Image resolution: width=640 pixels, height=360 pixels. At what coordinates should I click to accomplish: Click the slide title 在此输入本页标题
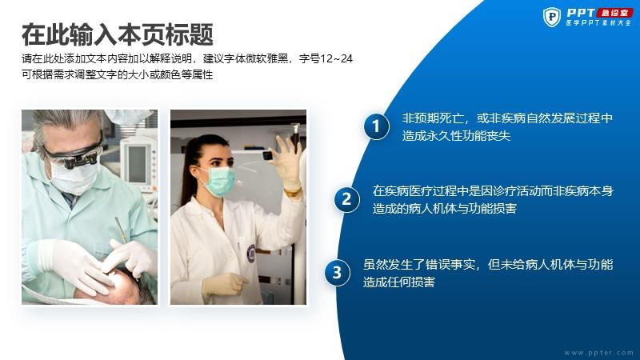click(x=118, y=34)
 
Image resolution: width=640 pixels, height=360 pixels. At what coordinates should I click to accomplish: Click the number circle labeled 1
click(x=376, y=126)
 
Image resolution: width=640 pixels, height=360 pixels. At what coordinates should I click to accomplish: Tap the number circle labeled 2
click(x=346, y=199)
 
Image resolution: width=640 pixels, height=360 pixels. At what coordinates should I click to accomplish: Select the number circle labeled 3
click(x=337, y=272)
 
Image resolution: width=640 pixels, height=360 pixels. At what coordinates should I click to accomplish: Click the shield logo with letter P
click(x=552, y=17)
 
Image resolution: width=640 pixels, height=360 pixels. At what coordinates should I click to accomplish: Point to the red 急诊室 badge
click(x=614, y=13)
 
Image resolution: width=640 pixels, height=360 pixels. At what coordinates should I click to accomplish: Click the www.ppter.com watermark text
click(x=598, y=353)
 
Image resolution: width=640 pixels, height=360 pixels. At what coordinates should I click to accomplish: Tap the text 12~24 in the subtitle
click(x=337, y=58)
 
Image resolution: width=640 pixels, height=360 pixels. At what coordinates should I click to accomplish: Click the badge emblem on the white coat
click(x=250, y=253)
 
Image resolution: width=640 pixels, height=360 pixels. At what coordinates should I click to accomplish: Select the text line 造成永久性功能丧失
click(x=456, y=135)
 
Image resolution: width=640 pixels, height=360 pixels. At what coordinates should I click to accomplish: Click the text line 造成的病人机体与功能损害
click(x=445, y=209)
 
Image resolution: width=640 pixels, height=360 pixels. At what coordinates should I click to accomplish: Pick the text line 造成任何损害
click(x=398, y=282)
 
